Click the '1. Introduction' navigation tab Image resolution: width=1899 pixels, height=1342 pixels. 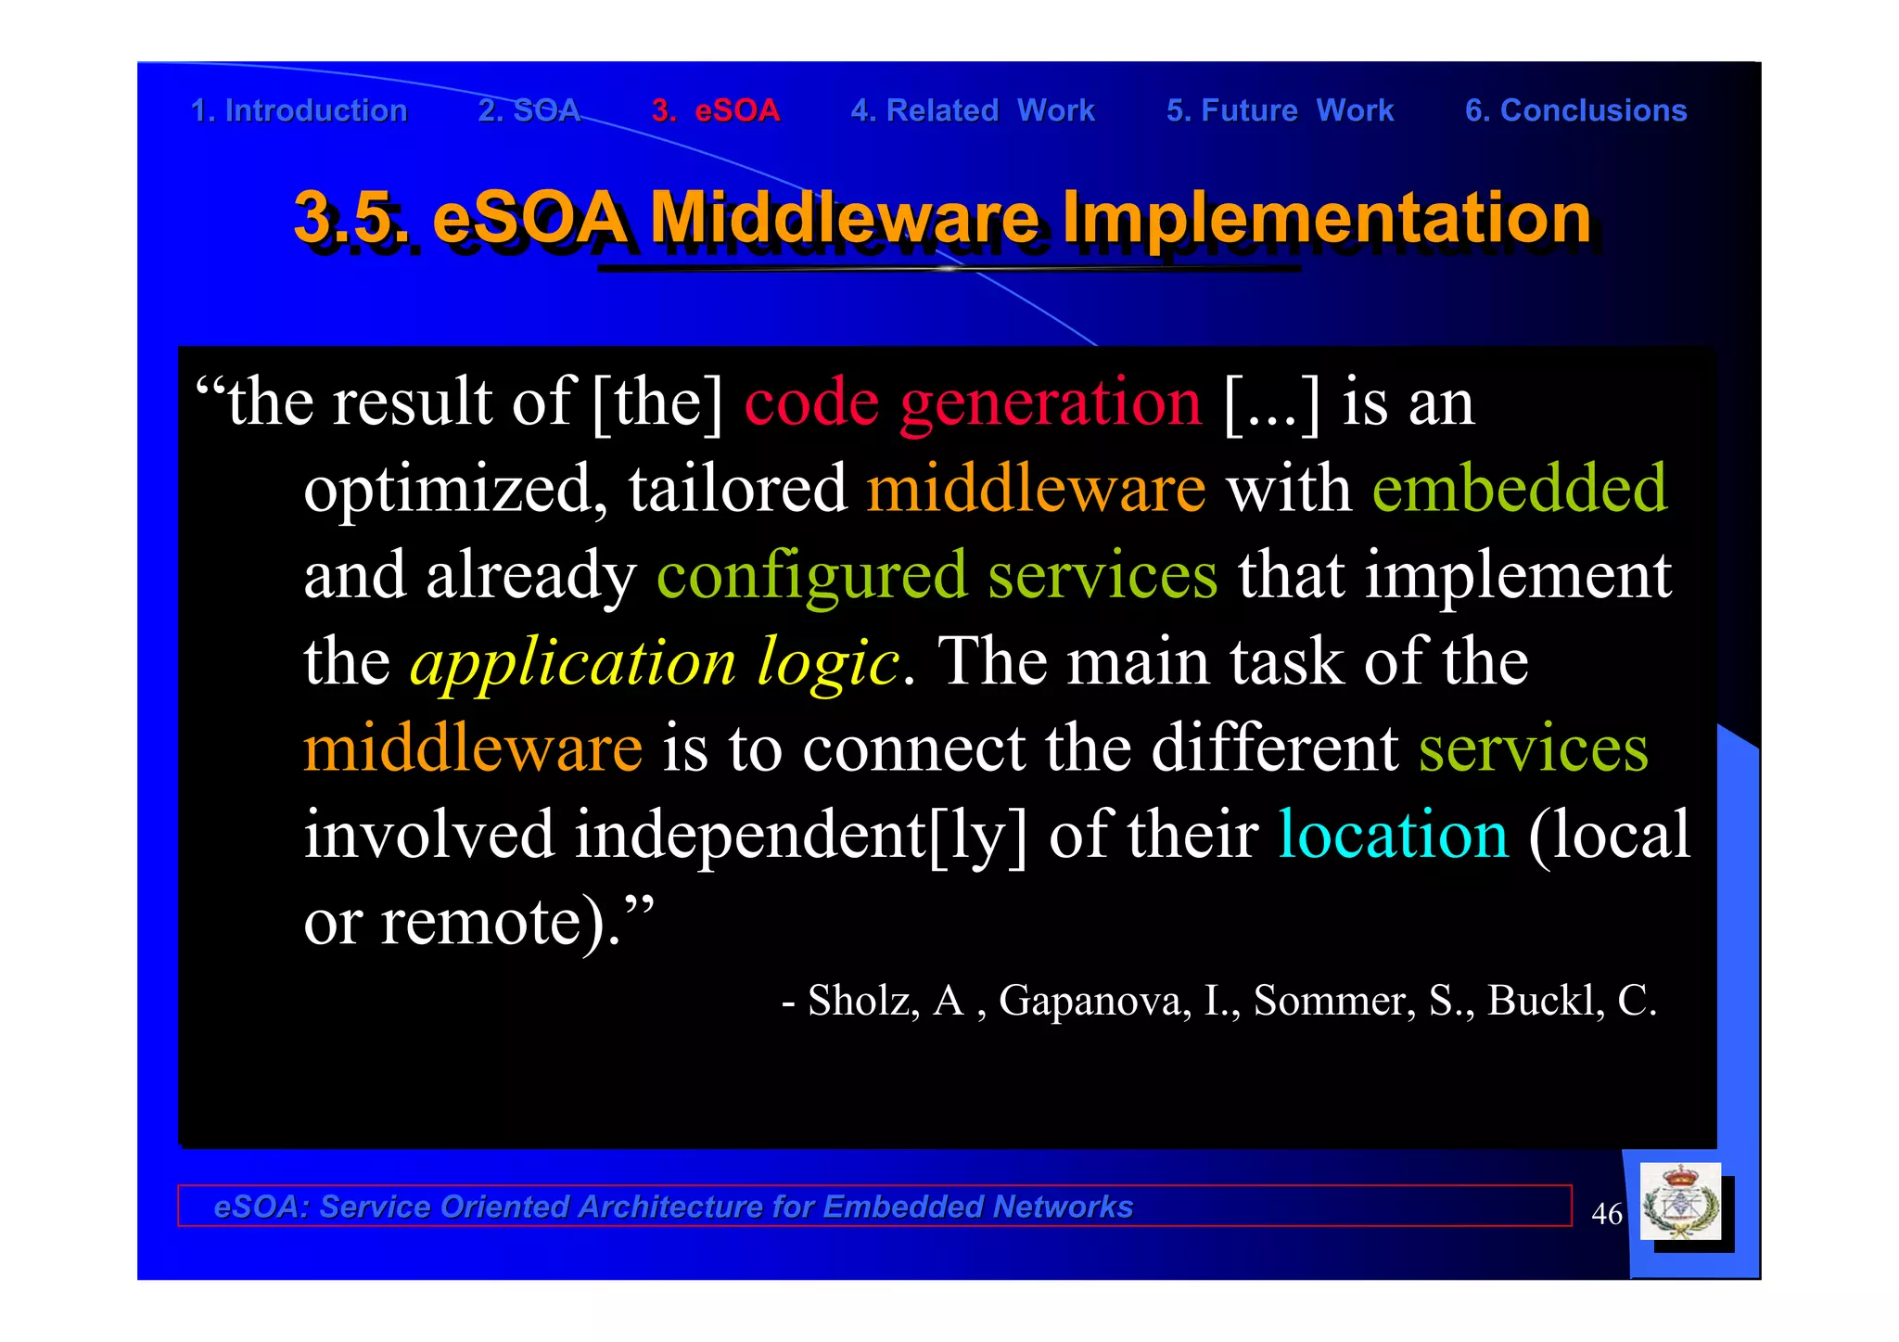[x=299, y=110]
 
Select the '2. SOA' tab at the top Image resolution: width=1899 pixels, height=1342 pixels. [x=529, y=110]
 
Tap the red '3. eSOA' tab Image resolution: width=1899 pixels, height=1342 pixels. [x=716, y=110]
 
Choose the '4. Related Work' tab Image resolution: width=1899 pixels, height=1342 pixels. [x=973, y=110]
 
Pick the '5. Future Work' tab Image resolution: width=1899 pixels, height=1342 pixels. [x=1280, y=110]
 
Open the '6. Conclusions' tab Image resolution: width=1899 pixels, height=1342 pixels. [x=1575, y=110]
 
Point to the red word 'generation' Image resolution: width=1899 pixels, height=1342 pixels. [x=1051, y=403]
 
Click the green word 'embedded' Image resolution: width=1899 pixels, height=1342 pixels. [x=1519, y=489]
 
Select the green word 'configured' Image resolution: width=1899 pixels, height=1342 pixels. [x=811, y=576]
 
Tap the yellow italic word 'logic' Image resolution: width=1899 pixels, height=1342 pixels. [x=828, y=662]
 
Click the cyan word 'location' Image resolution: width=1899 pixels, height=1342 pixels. [x=1393, y=835]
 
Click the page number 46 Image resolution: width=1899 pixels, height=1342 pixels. [x=1606, y=1213]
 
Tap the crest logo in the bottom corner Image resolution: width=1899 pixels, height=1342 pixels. [x=1680, y=1203]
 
